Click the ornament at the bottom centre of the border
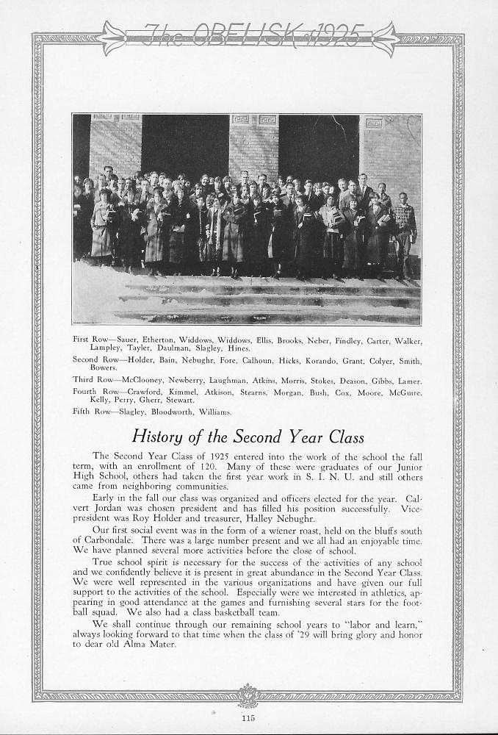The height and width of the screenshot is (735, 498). [x=249, y=695]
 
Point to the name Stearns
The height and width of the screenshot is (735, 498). [x=254, y=391]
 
